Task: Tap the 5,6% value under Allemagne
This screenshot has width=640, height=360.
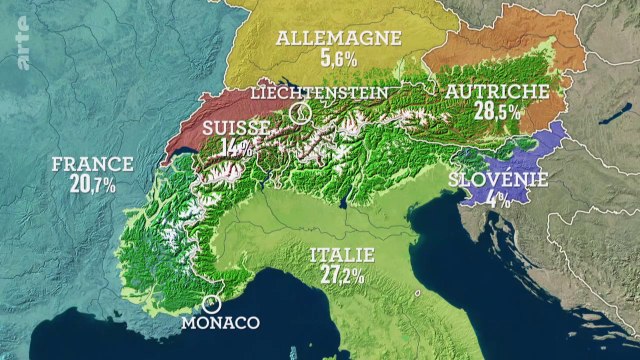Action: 339,59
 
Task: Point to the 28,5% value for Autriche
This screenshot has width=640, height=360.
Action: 498,111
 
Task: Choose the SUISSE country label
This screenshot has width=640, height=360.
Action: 235,129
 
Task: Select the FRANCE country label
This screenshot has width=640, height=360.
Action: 93,164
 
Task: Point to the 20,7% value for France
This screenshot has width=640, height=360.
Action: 93,185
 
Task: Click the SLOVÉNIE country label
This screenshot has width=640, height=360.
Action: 497,179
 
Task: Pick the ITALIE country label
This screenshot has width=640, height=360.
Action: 337,254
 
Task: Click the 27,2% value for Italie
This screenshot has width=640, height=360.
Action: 337,274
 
